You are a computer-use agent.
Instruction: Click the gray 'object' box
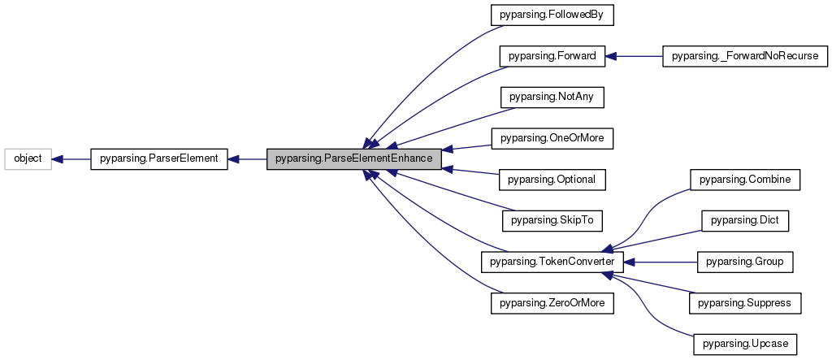[x=28, y=159]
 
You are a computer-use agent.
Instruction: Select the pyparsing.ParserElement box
[x=159, y=159]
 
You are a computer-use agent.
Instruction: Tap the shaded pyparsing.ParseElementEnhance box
[x=354, y=159]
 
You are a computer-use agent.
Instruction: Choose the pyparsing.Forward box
[x=552, y=56]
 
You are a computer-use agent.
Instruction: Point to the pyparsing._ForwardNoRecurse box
[x=745, y=56]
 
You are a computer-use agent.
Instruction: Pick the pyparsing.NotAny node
[x=552, y=97]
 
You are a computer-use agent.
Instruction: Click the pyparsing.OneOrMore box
[x=552, y=138]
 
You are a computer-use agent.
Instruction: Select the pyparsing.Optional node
[x=552, y=179]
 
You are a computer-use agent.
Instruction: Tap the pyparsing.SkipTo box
[x=552, y=220]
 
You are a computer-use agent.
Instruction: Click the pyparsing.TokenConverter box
[x=552, y=262]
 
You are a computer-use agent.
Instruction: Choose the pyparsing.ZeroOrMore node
[x=552, y=303]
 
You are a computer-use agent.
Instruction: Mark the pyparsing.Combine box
[x=745, y=179]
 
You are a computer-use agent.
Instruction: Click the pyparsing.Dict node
[x=745, y=220]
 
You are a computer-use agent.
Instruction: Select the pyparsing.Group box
[x=745, y=262]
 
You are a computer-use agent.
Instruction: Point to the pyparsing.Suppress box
[x=745, y=303]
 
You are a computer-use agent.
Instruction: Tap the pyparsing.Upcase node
[x=745, y=344]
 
